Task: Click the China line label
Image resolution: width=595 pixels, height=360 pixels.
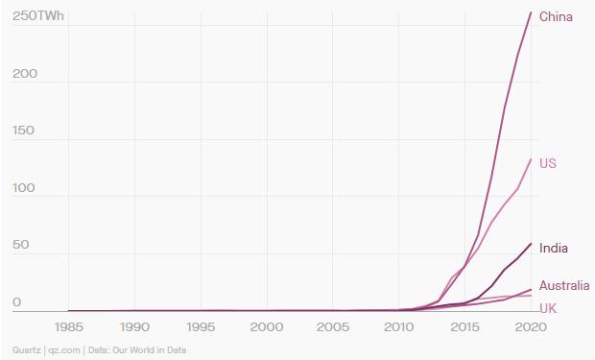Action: click(556, 16)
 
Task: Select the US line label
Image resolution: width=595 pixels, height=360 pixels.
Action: click(547, 163)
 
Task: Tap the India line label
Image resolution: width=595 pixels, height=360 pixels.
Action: click(554, 249)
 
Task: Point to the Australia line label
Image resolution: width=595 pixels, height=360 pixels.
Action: click(563, 285)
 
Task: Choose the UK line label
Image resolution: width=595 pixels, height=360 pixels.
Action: click(548, 307)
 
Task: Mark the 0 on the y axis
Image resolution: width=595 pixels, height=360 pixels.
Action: click(16, 302)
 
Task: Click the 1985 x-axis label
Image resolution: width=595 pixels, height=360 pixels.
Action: click(68, 326)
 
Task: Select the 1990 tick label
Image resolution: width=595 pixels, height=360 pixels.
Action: click(134, 326)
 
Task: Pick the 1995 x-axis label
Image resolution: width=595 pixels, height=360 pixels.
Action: click(201, 326)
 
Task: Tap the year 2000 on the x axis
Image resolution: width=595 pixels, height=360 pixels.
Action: click(266, 326)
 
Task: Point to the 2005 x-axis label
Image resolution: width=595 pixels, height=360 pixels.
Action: click(332, 326)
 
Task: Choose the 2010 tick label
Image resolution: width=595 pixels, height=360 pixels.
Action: click(398, 326)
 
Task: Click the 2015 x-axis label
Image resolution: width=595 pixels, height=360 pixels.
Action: click(464, 326)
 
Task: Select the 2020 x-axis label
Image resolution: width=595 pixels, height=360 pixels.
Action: click(531, 326)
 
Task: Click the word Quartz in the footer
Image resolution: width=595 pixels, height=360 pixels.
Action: click(26, 350)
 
